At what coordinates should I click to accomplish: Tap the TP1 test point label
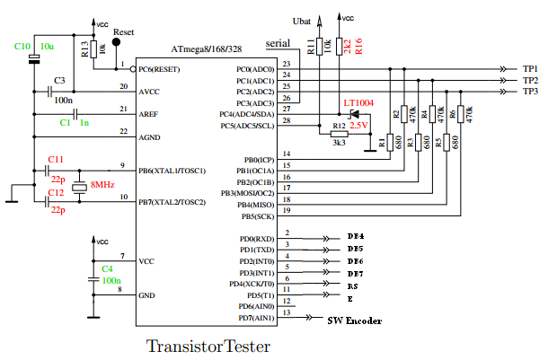click(530, 69)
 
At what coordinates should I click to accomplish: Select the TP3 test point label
click(530, 92)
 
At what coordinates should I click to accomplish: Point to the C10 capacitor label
click(22, 46)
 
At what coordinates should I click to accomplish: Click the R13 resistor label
click(84, 49)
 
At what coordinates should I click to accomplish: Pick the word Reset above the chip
click(124, 31)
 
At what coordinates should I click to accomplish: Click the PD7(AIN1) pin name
click(256, 318)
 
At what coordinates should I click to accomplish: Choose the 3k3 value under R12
click(339, 143)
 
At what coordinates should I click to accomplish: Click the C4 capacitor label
click(107, 268)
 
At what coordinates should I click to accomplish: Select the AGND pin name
click(151, 135)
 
